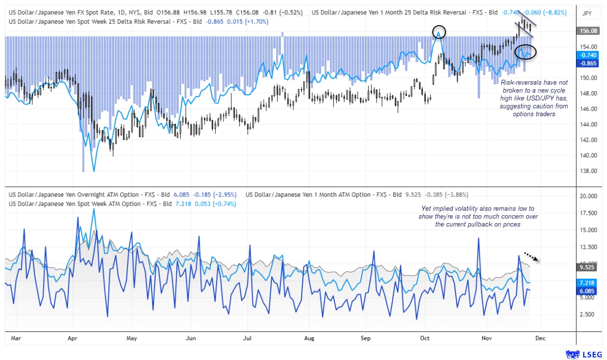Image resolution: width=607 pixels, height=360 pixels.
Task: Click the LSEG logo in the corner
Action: coord(584,354)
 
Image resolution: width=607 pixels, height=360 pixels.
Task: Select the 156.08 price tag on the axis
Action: coord(587,31)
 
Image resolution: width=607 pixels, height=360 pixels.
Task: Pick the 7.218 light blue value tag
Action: coord(587,283)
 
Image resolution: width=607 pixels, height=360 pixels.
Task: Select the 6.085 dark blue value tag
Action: coord(587,291)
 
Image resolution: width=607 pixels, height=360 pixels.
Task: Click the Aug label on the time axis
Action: coord(309,339)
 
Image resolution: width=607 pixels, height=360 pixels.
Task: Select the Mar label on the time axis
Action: coord(15,339)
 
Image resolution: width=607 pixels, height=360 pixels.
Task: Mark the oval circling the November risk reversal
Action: coord(525,52)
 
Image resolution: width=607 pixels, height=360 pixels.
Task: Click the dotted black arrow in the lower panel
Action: coord(531,257)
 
